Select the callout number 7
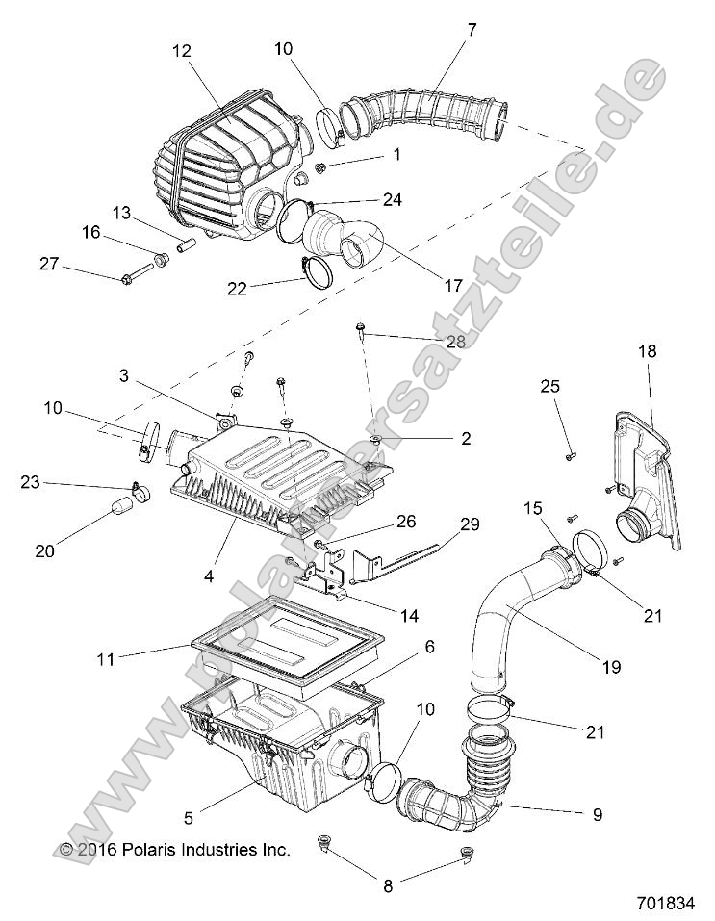[471, 30]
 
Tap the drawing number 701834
[665, 904]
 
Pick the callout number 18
[648, 352]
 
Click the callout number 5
[189, 819]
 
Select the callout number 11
[106, 659]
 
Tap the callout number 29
[469, 525]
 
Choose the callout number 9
[598, 814]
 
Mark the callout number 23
[30, 483]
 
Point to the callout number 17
[451, 286]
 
